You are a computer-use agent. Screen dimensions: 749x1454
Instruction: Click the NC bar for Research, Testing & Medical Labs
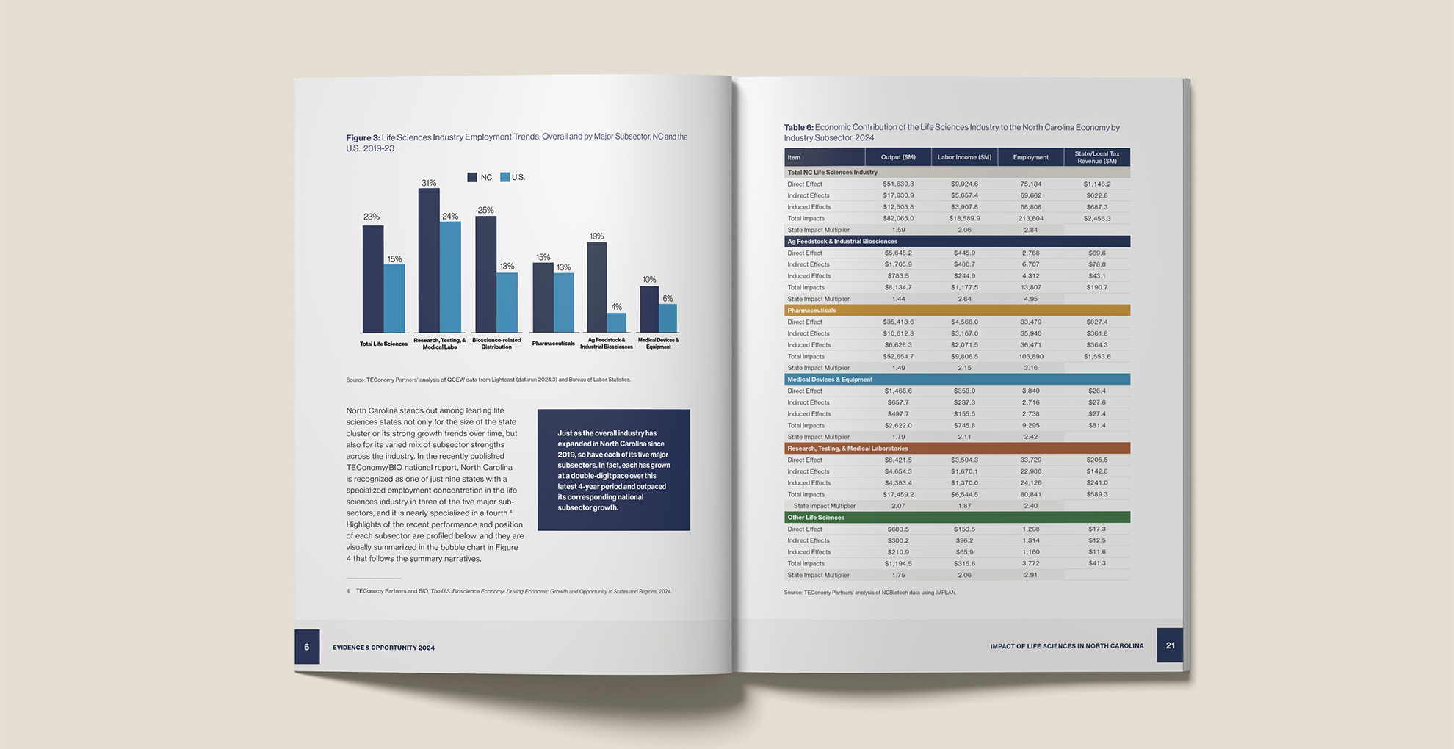[429, 261]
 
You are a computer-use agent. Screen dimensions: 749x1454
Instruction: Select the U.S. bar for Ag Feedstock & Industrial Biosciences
[617, 323]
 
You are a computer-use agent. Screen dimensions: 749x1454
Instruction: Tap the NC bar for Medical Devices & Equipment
[649, 309]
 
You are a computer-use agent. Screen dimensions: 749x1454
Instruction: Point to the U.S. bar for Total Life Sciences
[394, 299]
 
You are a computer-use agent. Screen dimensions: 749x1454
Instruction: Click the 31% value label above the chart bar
[429, 183]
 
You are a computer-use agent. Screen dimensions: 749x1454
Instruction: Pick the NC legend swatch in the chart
[472, 177]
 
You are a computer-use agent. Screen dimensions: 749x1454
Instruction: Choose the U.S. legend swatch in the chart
[504, 177]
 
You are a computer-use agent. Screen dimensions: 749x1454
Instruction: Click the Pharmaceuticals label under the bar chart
[553, 344]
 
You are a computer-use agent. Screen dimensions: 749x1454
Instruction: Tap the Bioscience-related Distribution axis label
[496, 344]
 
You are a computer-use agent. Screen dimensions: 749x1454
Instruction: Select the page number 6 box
[307, 647]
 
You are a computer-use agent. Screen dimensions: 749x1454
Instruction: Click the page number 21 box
[1170, 645]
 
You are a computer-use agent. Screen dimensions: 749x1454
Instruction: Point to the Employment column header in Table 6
[1030, 157]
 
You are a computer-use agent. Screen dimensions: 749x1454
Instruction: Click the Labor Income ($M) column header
[964, 157]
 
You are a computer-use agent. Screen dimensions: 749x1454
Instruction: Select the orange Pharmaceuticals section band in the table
[957, 311]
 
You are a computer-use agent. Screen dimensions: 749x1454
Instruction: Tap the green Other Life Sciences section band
[957, 518]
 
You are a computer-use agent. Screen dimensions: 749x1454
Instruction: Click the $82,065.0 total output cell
[898, 219]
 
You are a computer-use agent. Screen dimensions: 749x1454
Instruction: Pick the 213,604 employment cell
[1030, 219]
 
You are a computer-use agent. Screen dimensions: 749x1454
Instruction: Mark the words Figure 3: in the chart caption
[363, 137]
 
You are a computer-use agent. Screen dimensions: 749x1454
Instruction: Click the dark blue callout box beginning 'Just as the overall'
[613, 470]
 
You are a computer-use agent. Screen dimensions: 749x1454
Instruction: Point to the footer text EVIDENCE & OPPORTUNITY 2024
[383, 648]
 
